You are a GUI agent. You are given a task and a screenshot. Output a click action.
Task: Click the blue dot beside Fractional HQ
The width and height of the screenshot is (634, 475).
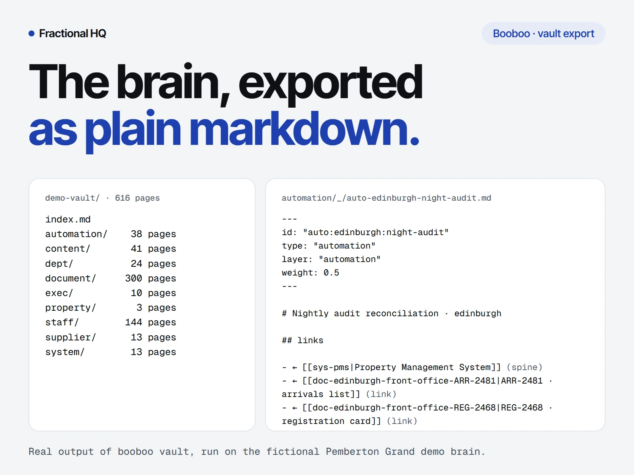click(x=31, y=34)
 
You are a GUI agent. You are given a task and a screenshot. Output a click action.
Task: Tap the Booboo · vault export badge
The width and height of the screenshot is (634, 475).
click(x=543, y=34)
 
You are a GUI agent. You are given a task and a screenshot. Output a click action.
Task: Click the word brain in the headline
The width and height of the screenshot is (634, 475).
click(x=168, y=82)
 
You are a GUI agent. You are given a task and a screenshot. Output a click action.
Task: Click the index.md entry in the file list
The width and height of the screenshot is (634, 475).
click(x=68, y=219)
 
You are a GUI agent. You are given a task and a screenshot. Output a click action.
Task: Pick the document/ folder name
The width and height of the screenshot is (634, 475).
click(x=71, y=278)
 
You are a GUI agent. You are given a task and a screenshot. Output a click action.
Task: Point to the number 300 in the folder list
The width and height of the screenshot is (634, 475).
click(x=134, y=278)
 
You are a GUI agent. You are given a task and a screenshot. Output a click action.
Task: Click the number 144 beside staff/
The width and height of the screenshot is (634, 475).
click(x=134, y=322)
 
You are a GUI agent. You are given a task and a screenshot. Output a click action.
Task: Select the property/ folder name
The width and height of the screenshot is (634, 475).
click(x=71, y=308)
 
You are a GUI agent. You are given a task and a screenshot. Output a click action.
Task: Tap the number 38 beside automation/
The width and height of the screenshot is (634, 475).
click(x=136, y=234)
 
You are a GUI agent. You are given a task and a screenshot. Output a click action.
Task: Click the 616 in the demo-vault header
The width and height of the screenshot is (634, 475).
click(x=122, y=198)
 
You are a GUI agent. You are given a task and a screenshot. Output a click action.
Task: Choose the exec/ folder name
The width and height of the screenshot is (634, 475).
click(x=59, y=293)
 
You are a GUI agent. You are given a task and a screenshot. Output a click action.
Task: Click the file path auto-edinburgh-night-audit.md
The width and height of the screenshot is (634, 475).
click(x=419, y=198)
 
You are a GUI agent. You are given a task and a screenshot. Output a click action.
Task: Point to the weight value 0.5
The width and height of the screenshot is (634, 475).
click(x=331, y=273)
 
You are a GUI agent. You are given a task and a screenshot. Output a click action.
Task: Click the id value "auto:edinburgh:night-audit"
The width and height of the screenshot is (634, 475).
click(x=376, y=232)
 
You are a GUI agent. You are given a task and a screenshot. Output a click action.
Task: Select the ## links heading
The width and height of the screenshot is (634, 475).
click(x=302, y=340)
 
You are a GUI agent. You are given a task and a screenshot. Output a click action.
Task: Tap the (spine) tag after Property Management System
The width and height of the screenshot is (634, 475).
click(x=525, y=367)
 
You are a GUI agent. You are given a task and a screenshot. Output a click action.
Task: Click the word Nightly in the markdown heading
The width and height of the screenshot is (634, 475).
click(x=310, y=313)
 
